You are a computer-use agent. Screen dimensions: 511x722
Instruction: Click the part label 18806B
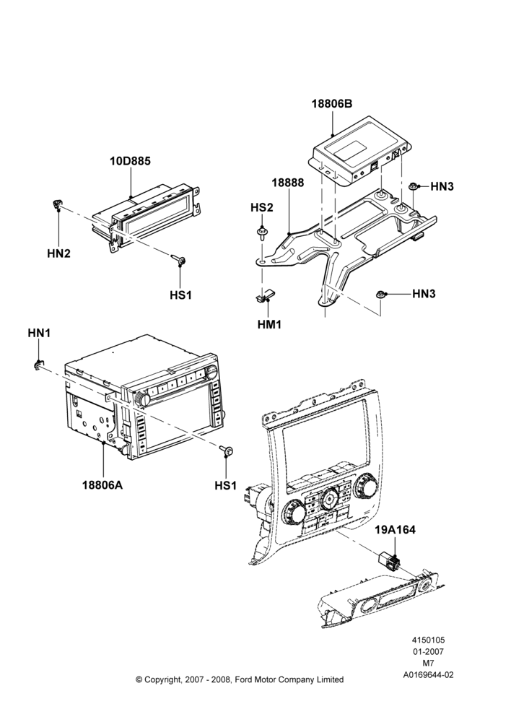(331, 103)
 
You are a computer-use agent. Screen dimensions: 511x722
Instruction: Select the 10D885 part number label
(130, 161)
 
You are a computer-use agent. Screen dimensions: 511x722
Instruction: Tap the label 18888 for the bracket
(288, 183)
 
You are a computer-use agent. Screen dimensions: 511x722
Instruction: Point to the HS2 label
(261, 207)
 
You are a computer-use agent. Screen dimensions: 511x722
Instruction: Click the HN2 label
(58, 253)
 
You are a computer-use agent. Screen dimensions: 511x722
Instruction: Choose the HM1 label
(269, 324)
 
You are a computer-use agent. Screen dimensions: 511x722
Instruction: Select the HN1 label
(39, 333)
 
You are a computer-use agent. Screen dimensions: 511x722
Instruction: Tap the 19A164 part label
(395, 530)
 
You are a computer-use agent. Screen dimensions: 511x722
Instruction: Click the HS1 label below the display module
(180, 295)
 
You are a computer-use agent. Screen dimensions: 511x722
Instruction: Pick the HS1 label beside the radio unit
(226, 485)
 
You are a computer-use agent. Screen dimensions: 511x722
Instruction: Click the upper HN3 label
(442, 186)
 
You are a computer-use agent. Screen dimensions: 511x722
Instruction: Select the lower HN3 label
(424, 293)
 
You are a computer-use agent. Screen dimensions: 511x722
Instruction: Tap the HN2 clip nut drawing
(57, 204)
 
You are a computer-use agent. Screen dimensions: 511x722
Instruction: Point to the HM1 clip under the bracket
(265, 295)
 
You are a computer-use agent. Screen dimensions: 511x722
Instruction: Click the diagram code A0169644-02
(428, 675)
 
